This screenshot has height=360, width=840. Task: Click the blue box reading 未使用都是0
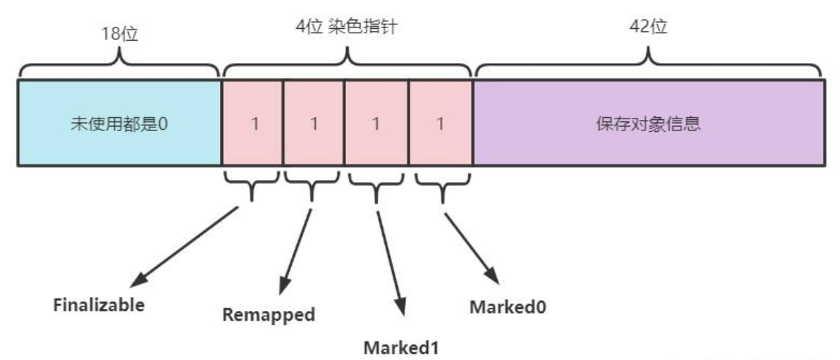click(x=119, y=122)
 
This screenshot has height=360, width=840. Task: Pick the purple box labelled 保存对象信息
click(x=648, y=122)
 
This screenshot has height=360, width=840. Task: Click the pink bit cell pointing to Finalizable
click(x=253, y=122)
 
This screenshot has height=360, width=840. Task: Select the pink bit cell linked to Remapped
click(x=313, y=122)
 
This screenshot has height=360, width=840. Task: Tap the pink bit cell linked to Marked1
click(x=376, y=122)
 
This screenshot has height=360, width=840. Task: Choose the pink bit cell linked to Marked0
click(x=440, y=122)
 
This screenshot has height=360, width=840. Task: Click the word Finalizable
click(x=99, y=304)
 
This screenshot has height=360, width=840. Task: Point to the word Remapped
click(x=269, y=314)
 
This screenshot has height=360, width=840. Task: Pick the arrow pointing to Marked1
click(x=391, y=259)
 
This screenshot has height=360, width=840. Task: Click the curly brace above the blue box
click(x=119, y=65)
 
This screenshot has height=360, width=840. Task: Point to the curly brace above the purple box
click(x=648, y=65)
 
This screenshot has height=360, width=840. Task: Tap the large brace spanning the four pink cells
click(x=347, y=65)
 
